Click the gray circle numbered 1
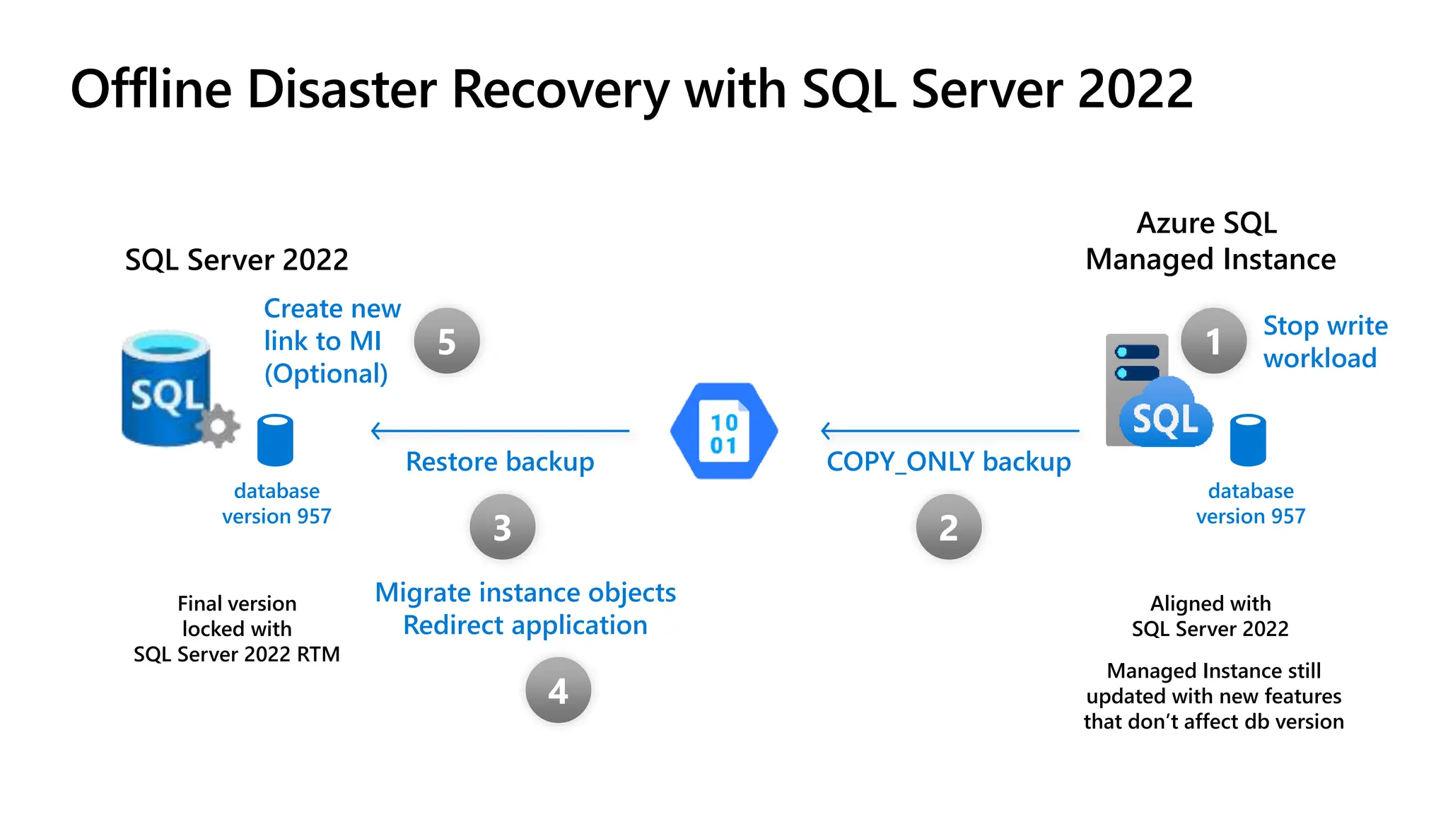pyautogui.click(x=1213, y=341)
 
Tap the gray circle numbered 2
pyautogui.click(x=948, y=527)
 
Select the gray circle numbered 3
pyautogui.click(x=502, y=527)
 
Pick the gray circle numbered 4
pyautogui.click(x=558, y=690)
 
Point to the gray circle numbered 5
pyautogui.click(x=447, y=341)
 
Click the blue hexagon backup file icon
pyautogui.click(x=724, y=431)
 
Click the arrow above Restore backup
pyautogui.click(x=500, y=430)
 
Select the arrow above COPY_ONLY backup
pyautogui.click(x=950, y=430)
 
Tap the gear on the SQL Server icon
pyautogui.click(x=218, y=426)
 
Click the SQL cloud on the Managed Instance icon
pyautogui.click(x=1165, y=417)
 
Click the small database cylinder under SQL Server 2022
pyautogui.click(x=275, y=440)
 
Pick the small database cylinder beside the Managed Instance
pyautogui.click(x=1248, y=440)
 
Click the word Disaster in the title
pyautogui.click(x=341, y=90)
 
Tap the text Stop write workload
pyautogui.click(x=1324, y=342)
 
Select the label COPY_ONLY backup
pyautogui.click(x=948, y=462)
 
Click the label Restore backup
pyautogui.click(x=500, y=462)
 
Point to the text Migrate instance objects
pyautogui.click(x=525, y=592)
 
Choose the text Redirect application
pyautogui.click(x=525, y=625)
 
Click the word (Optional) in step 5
pyautogui.click(x=326, y=374)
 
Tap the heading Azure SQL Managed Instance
pyautogui.click(x=1210, y=241)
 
